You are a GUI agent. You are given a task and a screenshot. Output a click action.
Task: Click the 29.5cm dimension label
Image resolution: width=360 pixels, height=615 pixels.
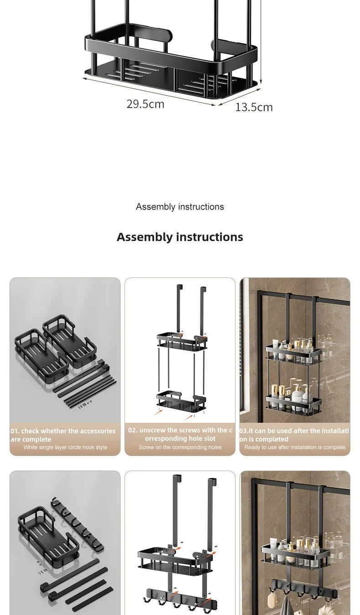click(x=145, y=104)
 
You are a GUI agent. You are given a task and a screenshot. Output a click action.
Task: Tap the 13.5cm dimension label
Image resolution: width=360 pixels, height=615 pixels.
click(x=254, y=107)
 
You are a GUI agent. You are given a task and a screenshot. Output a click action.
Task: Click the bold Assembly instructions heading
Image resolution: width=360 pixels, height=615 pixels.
click(x=180, y=237)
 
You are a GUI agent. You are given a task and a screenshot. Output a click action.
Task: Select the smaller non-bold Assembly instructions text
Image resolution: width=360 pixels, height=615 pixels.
click(x=180, y=207)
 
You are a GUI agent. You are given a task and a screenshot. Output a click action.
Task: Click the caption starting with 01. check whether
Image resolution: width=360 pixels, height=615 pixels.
click(x=63, y=435)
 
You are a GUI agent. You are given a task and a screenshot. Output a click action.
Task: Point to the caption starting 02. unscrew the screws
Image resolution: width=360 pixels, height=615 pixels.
click(x=180, y=434)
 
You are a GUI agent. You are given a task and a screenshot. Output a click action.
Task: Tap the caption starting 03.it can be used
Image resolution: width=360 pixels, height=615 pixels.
click(x=294, y=435)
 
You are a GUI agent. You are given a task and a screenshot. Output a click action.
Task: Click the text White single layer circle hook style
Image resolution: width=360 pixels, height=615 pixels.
click(x=65, y=447)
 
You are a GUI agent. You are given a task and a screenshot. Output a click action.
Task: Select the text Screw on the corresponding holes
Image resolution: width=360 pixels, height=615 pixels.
click(x=180, y=447)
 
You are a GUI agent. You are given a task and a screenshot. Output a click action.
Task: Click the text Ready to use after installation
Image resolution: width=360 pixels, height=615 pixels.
click(x=295, y=447)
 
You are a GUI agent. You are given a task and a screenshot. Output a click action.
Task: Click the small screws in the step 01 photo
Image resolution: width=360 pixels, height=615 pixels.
click(x=85, y=403)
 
